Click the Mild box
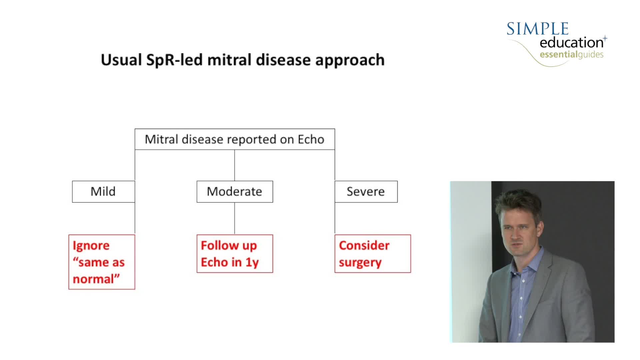103,192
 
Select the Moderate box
235,192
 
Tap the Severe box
366,192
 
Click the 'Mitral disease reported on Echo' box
235,139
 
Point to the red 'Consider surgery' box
373,254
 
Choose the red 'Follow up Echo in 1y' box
235,254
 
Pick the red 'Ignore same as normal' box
102,262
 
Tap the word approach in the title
350,60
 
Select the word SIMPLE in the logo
537,29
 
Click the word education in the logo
571,43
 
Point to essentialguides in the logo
571,54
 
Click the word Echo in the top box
311,139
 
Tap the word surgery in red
360,263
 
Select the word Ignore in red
91,246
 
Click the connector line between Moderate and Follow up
235,218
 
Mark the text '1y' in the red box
252,263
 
